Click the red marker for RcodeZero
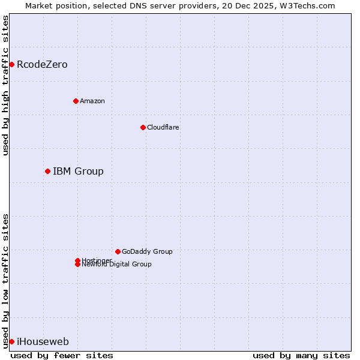11,64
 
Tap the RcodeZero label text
42,65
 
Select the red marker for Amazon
76,101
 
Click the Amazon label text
92,101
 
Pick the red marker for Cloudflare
143,127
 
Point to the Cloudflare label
163,127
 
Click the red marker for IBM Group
47,171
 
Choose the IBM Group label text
78,172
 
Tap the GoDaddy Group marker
118,251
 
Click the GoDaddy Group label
147,251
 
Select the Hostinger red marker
77,260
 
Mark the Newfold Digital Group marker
77,265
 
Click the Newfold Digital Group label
116,265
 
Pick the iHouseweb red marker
11,341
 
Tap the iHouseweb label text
43,342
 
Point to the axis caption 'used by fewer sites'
62,355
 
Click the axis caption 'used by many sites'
301,355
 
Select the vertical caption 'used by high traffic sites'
5,85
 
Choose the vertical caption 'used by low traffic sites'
5,280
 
